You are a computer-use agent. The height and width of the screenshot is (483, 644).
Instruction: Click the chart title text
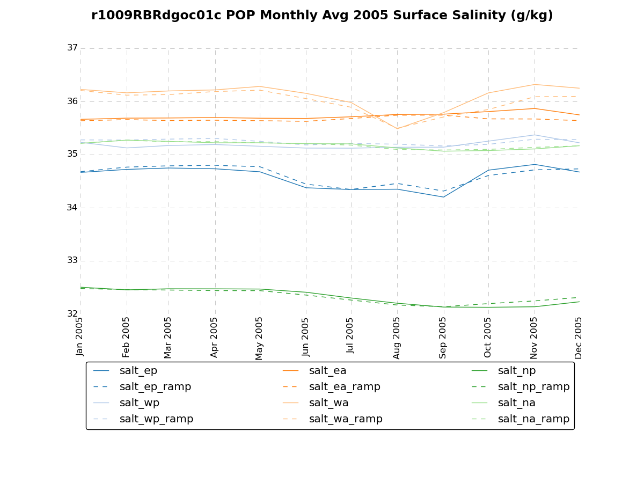click(322, 16)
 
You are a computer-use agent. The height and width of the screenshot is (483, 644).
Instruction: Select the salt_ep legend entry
click(138, 371)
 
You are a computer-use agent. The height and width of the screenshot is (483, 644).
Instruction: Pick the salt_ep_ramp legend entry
click(155, 387)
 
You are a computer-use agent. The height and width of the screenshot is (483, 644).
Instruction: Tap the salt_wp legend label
click(139, 403)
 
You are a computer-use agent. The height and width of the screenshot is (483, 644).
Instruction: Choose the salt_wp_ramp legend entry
click(156, 419)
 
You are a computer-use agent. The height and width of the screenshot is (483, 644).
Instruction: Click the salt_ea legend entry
click(327, 371)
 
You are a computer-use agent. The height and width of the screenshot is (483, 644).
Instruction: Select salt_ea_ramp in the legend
click(345, 387)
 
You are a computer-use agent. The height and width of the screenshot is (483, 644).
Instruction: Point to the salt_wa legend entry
click(328, 403)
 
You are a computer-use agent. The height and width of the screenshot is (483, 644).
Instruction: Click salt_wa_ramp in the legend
click(346, 419)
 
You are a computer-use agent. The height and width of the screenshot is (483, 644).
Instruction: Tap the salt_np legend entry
click(516, 371)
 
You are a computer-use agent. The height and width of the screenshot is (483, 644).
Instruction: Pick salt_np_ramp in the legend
click(533, 387)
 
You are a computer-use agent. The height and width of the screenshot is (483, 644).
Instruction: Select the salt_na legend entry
click(516, 403)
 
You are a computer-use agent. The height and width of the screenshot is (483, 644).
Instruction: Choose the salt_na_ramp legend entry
click(533, 419)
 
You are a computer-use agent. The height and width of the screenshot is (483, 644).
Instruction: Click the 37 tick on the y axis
click(72, 48)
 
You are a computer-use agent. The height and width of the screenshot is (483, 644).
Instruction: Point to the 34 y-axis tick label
click(72, 208)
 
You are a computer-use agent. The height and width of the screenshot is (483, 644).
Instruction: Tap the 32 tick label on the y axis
click(72, 314)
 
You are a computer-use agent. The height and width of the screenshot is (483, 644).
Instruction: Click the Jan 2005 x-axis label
click(80, 336)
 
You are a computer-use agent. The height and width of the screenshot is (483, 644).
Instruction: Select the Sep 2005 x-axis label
click(443, 337)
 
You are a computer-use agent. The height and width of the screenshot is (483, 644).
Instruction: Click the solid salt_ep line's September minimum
click(443, 197)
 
